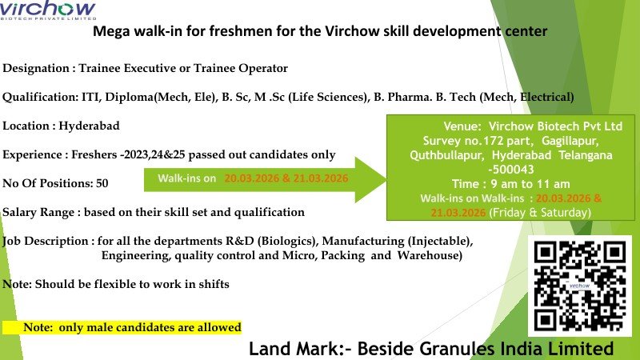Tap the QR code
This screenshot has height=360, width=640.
[581, 285]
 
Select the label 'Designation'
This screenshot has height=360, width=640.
[36, 69]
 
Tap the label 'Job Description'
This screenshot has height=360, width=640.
[45, 241]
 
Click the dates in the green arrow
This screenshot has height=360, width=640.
[286, 178]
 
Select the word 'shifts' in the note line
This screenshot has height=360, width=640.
[212, 285]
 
